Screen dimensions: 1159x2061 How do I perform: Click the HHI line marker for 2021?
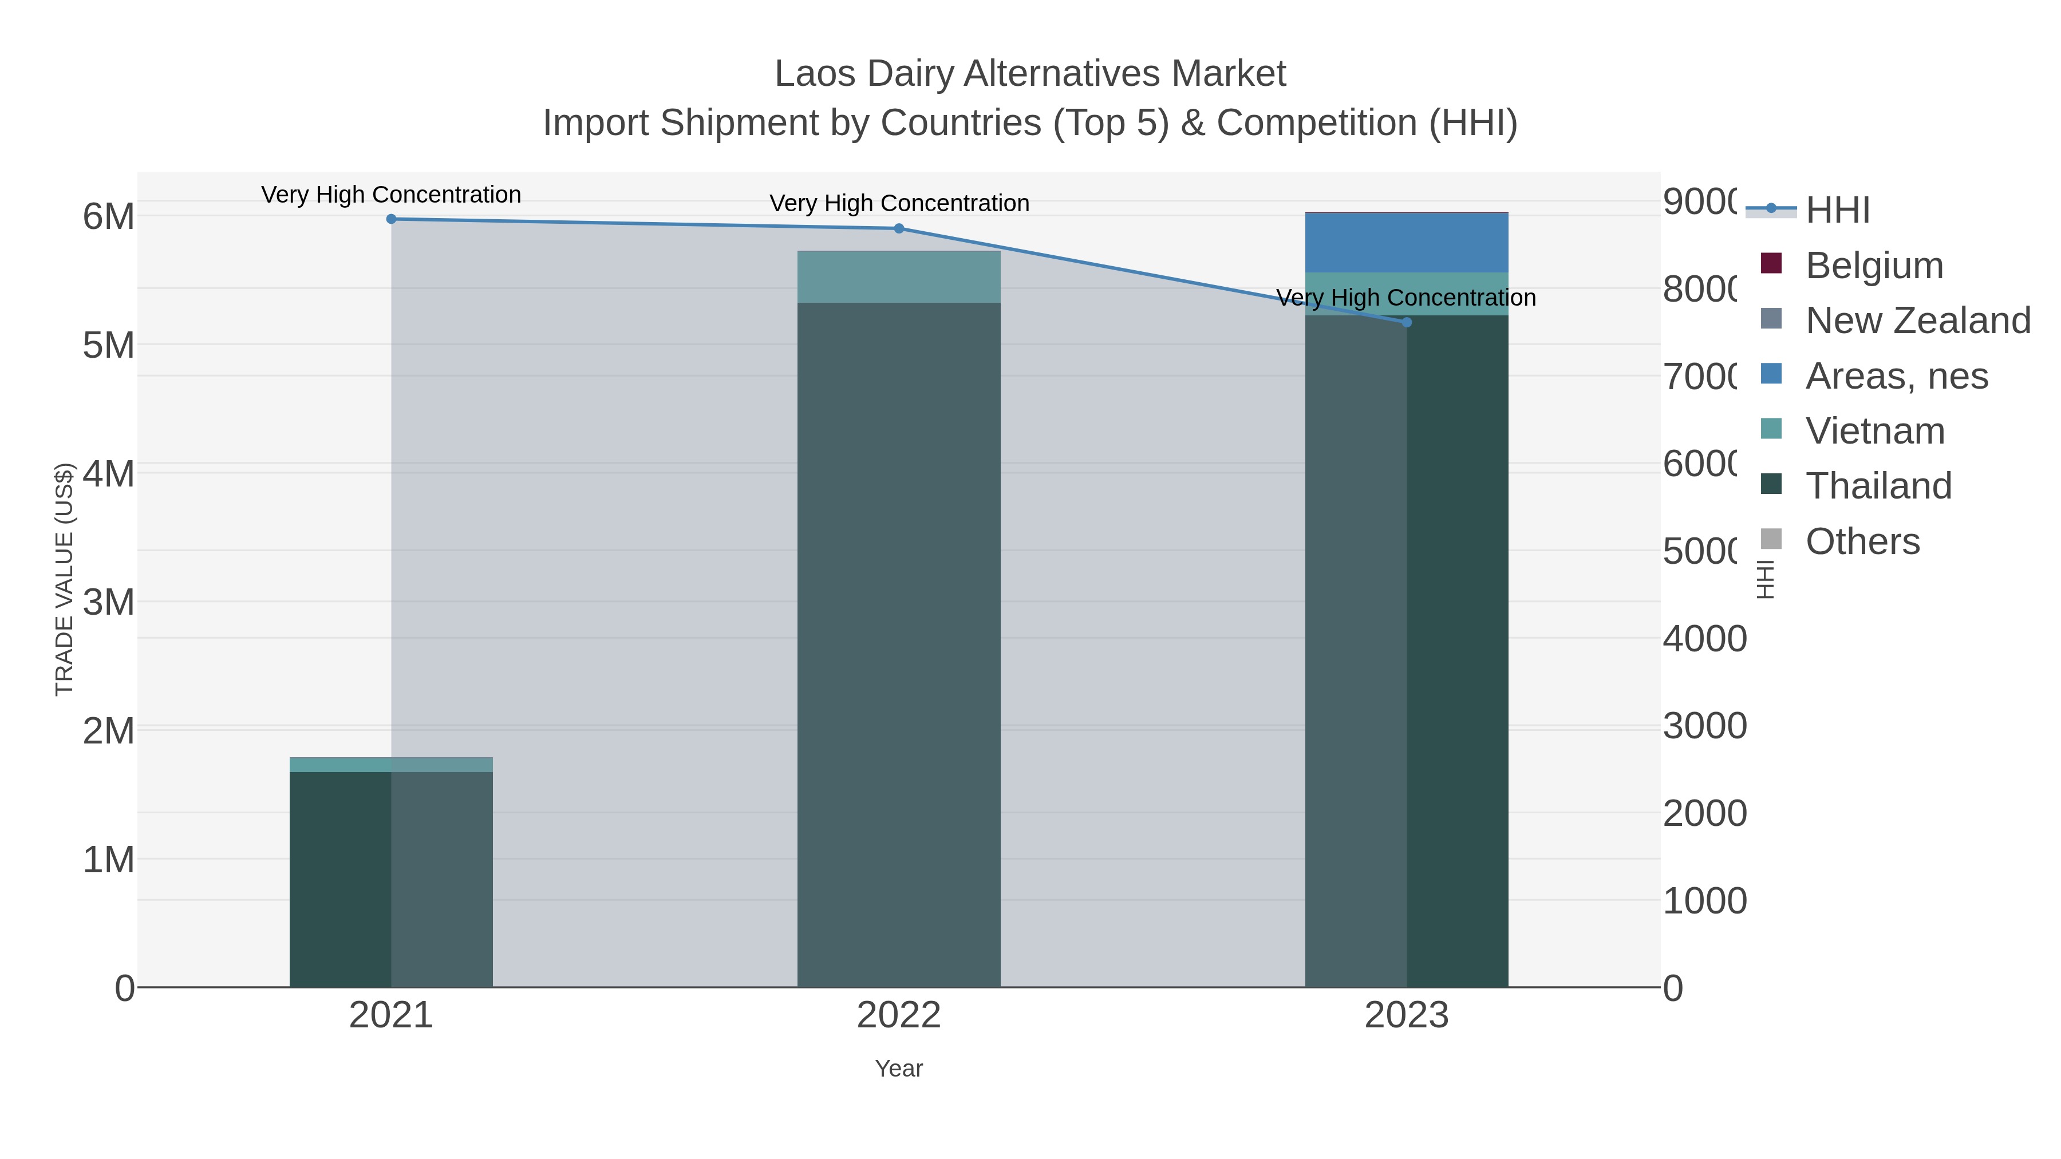click(x=391, y=219)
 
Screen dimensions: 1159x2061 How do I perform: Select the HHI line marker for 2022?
click(x=898, y=229)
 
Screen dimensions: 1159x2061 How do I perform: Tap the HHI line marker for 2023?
click(x=1407, y=322)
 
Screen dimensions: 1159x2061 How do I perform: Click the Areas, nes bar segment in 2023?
click(x=1407, y=243)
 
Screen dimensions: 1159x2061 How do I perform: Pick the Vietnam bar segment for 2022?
click(x=898, y=277)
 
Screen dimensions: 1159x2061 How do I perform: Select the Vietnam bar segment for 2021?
click(x=391, y=765)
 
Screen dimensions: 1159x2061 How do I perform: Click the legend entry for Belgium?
click(x=1873, y=266)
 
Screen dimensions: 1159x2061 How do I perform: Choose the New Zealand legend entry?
click(x=1917, y=321)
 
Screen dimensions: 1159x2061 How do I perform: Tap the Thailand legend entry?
click(x=1878, y=486)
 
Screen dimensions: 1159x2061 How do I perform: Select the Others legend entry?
click(x=1862, y=541)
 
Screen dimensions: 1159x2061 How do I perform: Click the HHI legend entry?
click(x=1837, y=211)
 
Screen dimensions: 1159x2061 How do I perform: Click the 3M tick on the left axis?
click(x=109, y=602)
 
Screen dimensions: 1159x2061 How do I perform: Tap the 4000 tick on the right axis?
click(x=1704, y=639)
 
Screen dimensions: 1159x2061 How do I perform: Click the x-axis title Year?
click(x=898, y=1069)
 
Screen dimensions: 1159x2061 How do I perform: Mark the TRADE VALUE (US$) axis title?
click(x=64, y=579)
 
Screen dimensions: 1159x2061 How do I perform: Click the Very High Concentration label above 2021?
click(x=391, y=195)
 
